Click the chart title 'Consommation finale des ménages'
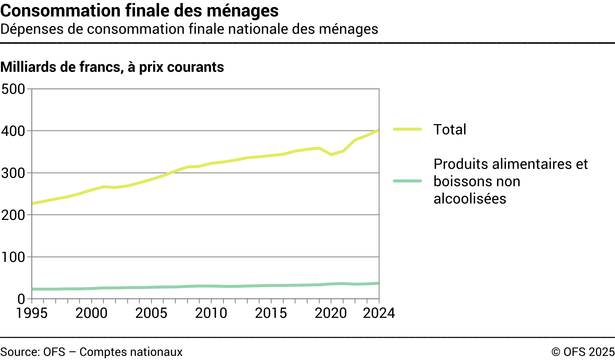139,11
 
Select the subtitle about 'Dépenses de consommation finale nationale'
189,29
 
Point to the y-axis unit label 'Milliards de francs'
112,67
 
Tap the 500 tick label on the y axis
13,89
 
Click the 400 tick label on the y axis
13,131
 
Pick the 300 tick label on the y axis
13,173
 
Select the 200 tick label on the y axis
13,215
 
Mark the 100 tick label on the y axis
13,257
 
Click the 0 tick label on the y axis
21,299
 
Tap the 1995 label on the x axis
32,313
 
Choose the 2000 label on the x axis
91,313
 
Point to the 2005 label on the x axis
151,313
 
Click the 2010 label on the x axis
211,313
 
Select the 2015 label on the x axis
271,313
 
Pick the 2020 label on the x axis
331,313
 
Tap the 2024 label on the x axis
379,313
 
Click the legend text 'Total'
450,130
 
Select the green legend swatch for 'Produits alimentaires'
407,181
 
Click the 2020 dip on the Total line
331,154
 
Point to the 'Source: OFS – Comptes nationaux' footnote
91,352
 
